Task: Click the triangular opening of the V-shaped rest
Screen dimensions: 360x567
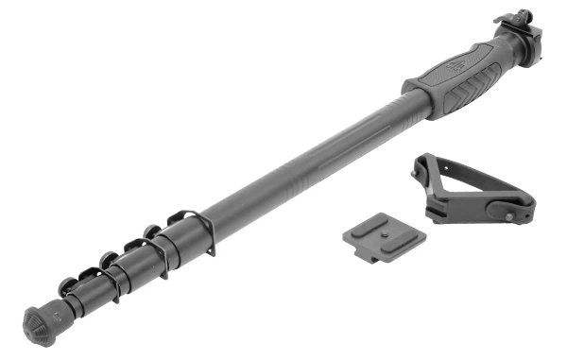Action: (457, 184)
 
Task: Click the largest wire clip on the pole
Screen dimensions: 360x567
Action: (194, 231)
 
